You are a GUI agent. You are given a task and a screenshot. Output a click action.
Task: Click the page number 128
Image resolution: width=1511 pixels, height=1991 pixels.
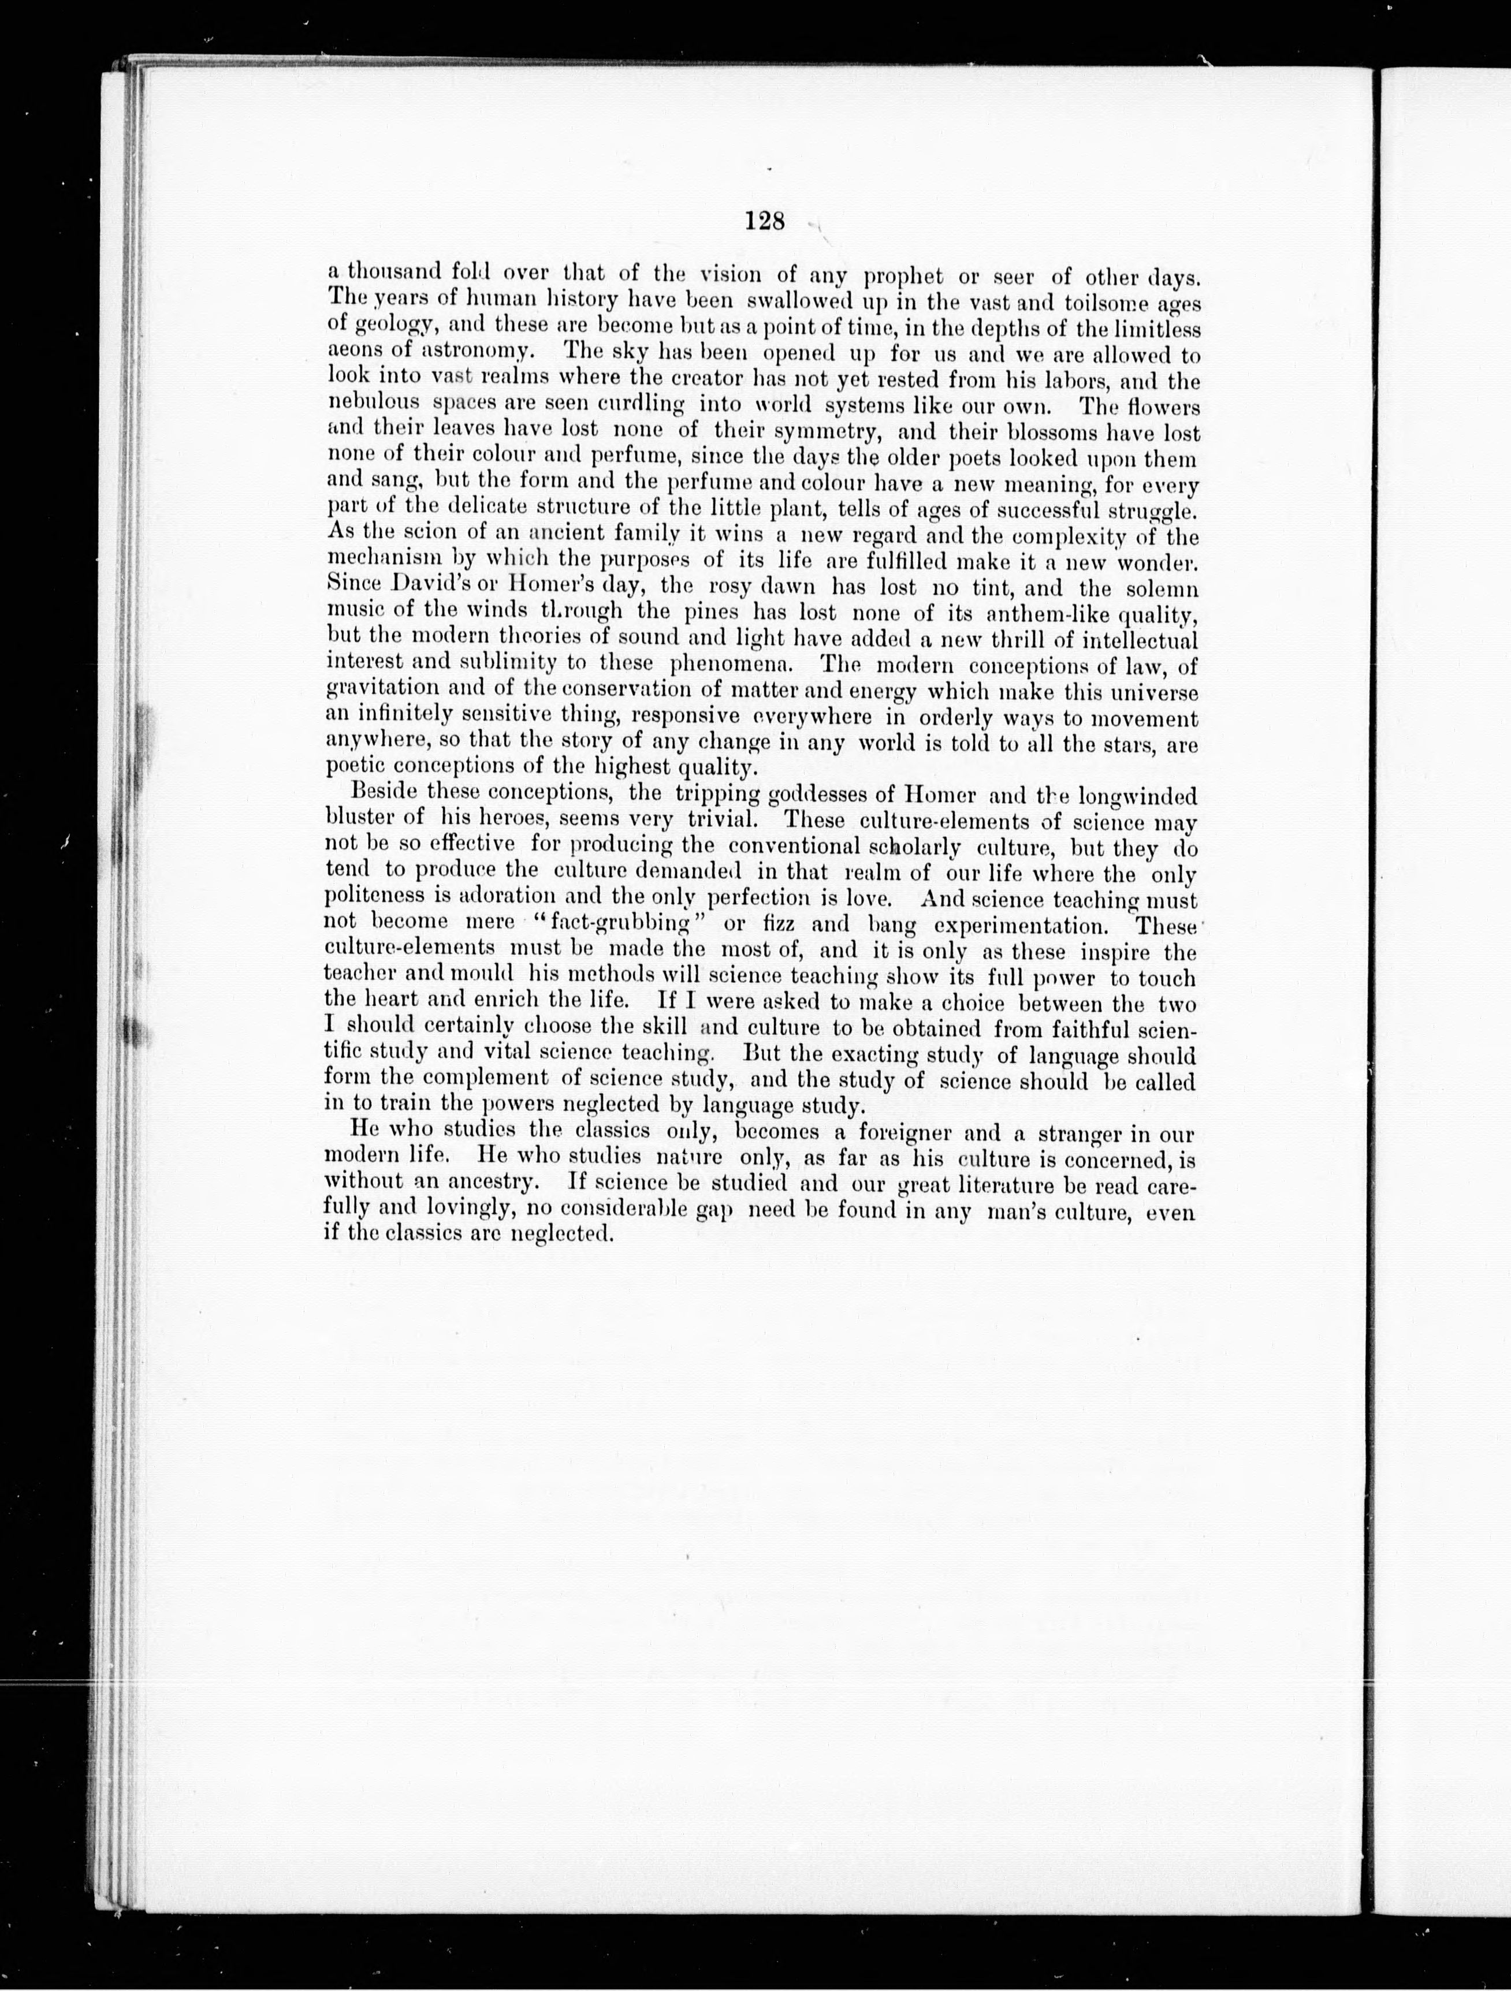click(x=765, y=221)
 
